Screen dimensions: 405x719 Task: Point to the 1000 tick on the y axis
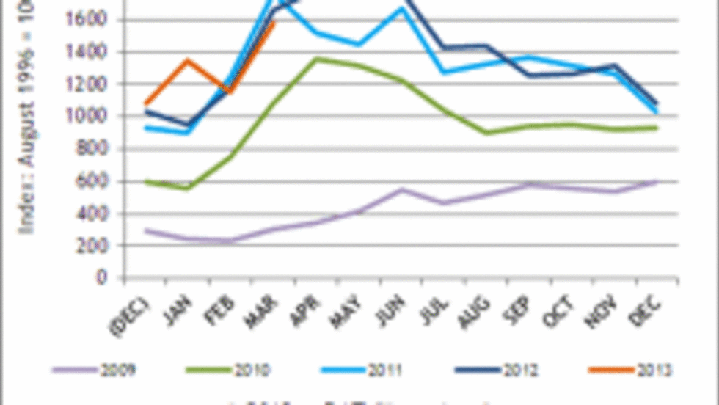(x=94, y=117)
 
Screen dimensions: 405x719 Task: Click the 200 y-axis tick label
(x=98, y=246)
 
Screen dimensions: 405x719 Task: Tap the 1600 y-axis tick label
(x=94, y=19)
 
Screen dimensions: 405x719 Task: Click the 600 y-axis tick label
(x=98, y=181)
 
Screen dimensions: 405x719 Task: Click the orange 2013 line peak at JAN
(x=189, y=61)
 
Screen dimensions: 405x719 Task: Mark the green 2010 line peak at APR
(x=315, y=59)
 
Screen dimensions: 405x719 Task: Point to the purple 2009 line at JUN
(x=401, y=189)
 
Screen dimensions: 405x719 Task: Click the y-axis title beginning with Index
(x=29, y=125)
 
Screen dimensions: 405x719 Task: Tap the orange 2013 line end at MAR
(x=274, y=23)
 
